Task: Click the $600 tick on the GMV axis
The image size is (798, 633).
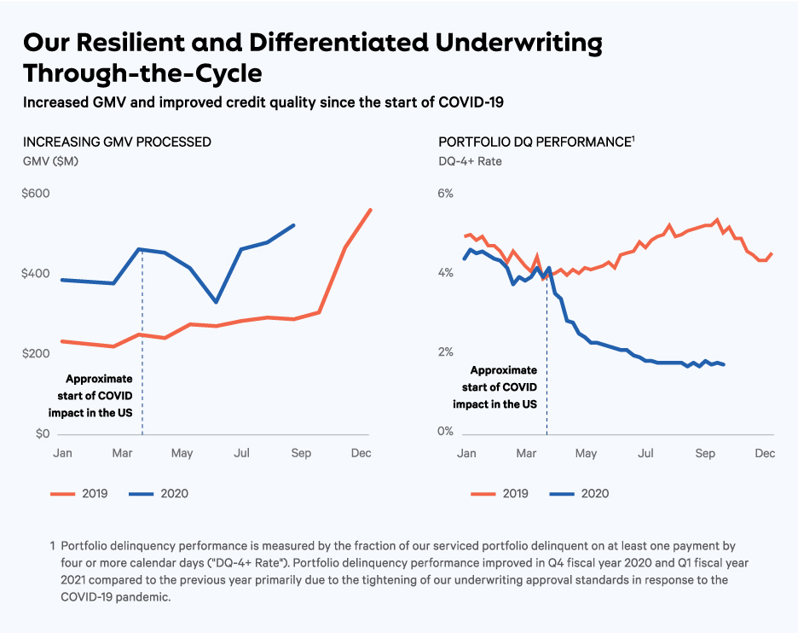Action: (x=35, y=194)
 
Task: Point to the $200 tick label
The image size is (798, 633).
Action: (x=35, y=353)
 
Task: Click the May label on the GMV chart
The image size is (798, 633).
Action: (x=182, y=453)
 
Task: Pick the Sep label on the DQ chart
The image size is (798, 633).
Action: (x=704, y=453)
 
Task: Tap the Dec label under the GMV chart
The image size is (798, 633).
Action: (x=361, y=453)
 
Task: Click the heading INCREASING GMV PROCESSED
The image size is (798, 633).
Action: (x=117, y=142)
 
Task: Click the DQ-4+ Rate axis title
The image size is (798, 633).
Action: (x=470, y=161)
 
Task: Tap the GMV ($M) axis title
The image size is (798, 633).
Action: (x=50, y=161)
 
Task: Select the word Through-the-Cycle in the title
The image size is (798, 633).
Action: (x=142, y=72)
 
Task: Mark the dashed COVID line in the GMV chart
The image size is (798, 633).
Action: (x=142, y=341)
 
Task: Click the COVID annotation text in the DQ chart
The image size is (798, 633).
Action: (x=504, y=386)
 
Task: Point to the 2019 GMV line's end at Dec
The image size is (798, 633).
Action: (x=371, y=210)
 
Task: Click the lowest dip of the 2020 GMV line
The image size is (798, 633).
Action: (x=217, y=302)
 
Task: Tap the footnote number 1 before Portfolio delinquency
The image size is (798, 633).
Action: (x=53, y=545)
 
